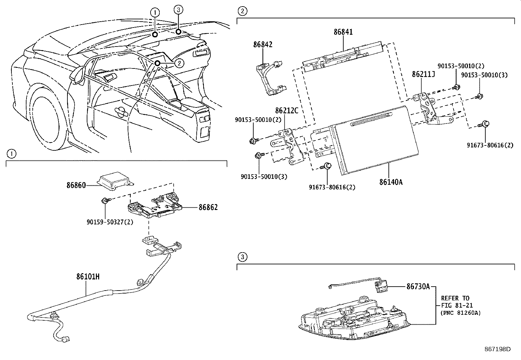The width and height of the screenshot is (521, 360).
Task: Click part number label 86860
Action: pyautogui.click(x=76, y=185)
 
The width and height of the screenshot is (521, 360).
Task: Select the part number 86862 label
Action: pyautogui.click(x=208, y=207)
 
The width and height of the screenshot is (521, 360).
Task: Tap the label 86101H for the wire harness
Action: pyautogui.click(x=88, y=277)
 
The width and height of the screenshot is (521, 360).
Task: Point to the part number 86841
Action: pyautogui.click(x=343, y=32)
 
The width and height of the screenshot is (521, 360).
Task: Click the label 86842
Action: pyautogui.click(x=262, y=45)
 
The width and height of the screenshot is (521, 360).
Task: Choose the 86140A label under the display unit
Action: pyautogui.click(x=391, y=182)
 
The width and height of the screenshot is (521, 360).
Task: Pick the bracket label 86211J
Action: pyautogui.click(x=423, y=75)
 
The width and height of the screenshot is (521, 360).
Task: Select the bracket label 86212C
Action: pyautogui.click(x=287, y=111)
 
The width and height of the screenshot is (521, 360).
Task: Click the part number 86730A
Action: pyautogui.click(x=418, y=287)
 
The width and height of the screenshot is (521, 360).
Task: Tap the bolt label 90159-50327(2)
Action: pyautogui.click(x=110, y=222)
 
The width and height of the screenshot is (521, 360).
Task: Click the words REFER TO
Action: pyautogui.click(x=455, y=298)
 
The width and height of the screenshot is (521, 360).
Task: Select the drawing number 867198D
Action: pyautogui.click(x=497, y=349)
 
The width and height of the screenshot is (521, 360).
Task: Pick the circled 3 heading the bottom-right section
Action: pyautogui.click(x=242, y=257)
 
